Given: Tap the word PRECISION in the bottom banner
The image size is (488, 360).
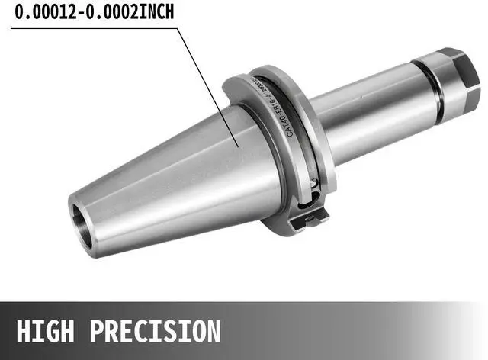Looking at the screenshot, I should click(x=156, y=332).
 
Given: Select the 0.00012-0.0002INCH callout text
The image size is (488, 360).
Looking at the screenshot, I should click(x=92, y=13).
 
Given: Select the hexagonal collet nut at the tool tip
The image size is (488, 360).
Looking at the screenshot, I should click(x=457, y=76).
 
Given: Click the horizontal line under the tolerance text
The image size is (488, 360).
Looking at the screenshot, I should click(x=91, y=27).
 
